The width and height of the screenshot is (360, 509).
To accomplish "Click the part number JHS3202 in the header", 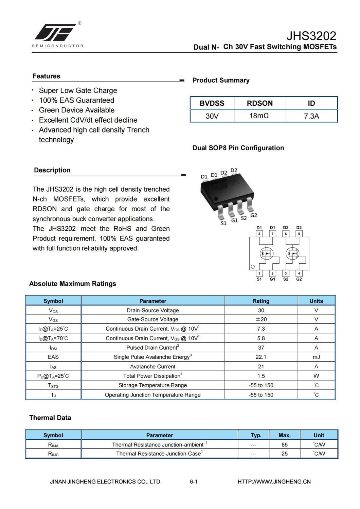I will tap(311, 36).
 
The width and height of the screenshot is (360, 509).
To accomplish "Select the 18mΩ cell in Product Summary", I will tap(259, 116).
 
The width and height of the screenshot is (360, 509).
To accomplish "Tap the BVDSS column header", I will tap(212, 103).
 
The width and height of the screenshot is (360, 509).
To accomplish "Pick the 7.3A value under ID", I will tap(311, 116).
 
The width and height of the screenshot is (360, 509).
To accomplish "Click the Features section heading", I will tap(46, 76).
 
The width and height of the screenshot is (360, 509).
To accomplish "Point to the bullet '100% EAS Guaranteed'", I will tap(76, 100).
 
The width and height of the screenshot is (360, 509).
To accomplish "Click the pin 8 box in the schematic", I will tap(259, 234).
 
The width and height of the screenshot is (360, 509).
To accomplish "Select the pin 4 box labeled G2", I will tap(299, 274).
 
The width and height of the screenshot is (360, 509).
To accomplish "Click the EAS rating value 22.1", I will tap(261, 357).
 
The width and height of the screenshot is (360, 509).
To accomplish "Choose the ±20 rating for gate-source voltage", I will tap(261, 319).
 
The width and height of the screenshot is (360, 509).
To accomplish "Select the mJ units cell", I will tap(316, 357).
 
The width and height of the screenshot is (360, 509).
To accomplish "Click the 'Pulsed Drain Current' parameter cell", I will tap(152, 348).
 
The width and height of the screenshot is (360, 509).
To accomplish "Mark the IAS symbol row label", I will tap(53, 367).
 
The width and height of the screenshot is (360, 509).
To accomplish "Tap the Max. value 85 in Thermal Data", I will tap(284, 445).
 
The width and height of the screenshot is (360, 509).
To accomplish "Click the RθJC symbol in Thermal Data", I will tap(53, 454).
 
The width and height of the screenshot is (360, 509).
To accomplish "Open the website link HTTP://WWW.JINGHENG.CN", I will tap(274, 481).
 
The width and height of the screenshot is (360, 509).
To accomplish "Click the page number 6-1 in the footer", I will tap(194, 481).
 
